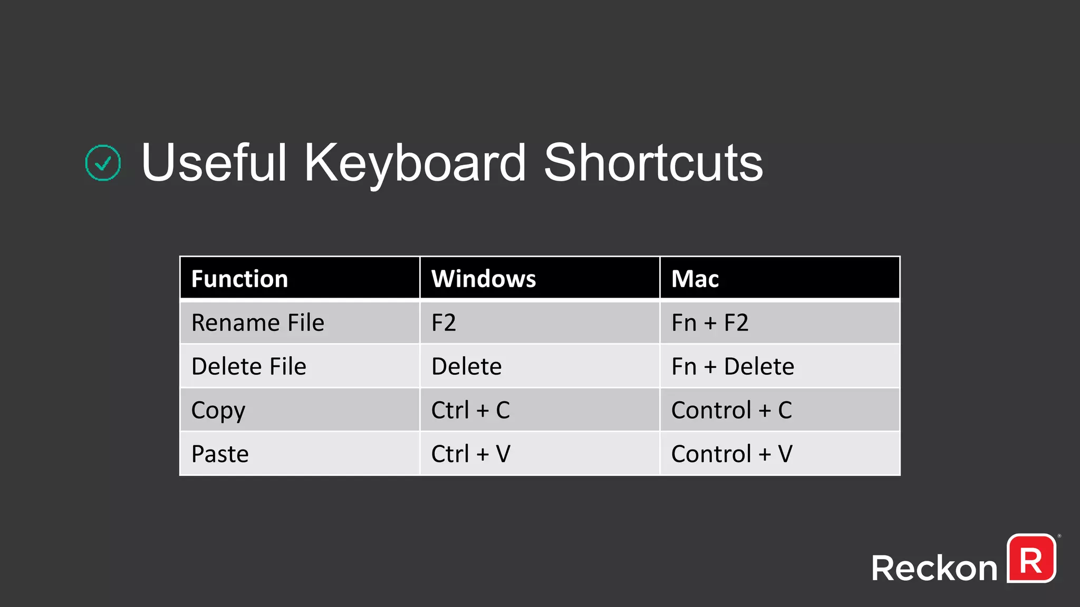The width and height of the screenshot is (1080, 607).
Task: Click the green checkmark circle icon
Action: [x=103, y=163]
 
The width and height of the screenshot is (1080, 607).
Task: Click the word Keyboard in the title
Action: [x=415, y=163]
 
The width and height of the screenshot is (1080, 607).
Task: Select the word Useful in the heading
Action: [x=214, y=163]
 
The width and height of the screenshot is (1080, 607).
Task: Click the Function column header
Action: [x=239, y=279]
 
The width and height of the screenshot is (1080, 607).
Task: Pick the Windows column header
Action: [x=484, y=279]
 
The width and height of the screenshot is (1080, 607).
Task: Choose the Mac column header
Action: [x=695, y=279]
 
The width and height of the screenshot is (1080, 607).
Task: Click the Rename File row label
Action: [x=258, y=322]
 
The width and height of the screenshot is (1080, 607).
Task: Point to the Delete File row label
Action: [x=249, y=366]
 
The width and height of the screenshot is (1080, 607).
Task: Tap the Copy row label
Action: [x=218, y=410]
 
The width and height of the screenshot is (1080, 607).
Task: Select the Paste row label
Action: [x=220, y=454]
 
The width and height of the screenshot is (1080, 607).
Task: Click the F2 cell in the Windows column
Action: [x=443, y=322]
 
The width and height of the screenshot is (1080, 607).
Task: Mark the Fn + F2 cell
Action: [x=710, y=322]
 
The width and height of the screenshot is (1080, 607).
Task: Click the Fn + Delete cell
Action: [x=732, y=366]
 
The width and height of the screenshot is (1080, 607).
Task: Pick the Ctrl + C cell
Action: [x=470, y=410]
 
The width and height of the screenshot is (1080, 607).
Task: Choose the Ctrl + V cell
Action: [x=470, y=454]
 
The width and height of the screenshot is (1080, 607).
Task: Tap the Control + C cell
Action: [x=731, y=410]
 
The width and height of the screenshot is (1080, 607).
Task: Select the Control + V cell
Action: [x=731, y=454]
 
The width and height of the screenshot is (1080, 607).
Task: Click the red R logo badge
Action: [x=1031, y=559]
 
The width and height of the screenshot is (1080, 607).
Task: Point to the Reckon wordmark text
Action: [x=934, y=568]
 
